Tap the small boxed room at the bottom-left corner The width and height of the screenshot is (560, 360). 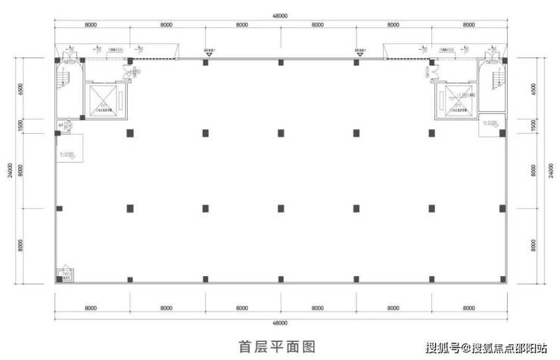(x=62, y=275)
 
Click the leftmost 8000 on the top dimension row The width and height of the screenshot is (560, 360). (x=91, y=25)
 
